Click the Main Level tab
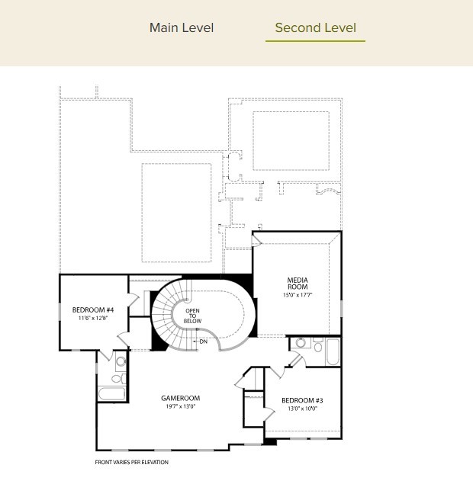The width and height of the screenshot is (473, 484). click(x=182, y=27)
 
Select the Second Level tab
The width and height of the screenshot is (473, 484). click(x=315, y=27)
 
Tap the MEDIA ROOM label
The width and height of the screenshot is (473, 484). click(x=298, y=284)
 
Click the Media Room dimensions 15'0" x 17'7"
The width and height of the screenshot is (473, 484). click(x=298, y=295)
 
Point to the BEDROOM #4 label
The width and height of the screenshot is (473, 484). click(x=93, y=310)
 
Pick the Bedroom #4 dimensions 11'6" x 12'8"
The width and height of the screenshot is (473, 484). click(x=92, y=318)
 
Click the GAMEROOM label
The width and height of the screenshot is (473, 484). click(x=180, y=398)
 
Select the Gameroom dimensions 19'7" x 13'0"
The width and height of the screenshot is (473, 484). click(x=181, y=406)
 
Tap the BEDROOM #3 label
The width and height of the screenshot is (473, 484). click(x=302, y=401)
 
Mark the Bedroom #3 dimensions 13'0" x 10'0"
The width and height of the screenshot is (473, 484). click(x=302, y=409)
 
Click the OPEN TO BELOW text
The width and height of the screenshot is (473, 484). click(x=192, y=316)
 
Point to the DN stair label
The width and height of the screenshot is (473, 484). click(x=203, y=341)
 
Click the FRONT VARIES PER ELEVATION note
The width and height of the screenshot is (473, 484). click(x=132, y=462)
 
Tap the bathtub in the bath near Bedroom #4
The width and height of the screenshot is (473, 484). click(x=112, y=393)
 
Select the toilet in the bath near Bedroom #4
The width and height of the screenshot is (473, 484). click(x=119, y=378)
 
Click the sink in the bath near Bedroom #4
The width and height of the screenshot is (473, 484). click(x=121, y=361)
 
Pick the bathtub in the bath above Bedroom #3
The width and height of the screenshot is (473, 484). click(x=333, y=352)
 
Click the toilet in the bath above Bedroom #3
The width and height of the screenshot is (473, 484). click(x=318, y=345)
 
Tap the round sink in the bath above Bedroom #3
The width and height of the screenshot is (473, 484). click(x=301, y=343)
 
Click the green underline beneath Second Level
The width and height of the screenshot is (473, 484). click(x=315, y=40)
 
